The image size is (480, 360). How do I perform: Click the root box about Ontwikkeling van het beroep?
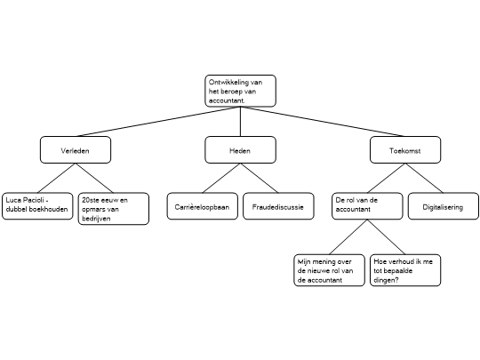click(240, 91)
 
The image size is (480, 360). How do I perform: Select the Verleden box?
click(76, 149)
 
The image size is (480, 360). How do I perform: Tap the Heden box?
click(240, 149)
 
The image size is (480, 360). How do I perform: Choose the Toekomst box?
click(405, 149)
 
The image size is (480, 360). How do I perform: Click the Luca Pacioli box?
click(37, 206)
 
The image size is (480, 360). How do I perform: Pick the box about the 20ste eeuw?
click(114, 209)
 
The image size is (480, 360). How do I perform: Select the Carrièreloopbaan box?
click(203, 206)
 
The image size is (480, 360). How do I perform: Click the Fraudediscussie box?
click(278, 206)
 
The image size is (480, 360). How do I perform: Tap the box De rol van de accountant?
click(367, 206)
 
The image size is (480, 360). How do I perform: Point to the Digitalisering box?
click(444, 206)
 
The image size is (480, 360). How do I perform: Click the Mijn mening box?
click(330, 270)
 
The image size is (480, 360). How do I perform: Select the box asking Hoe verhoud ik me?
click(405, 270)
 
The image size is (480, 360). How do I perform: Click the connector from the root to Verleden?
click(158, 122)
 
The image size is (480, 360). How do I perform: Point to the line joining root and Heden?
click(240, 122)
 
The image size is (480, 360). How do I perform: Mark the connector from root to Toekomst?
click(323, 122)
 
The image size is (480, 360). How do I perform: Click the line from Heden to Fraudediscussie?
click(260, 178)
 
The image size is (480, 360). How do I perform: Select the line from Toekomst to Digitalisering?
click(424, 178)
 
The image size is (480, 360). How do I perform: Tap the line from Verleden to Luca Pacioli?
click(57, 178)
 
